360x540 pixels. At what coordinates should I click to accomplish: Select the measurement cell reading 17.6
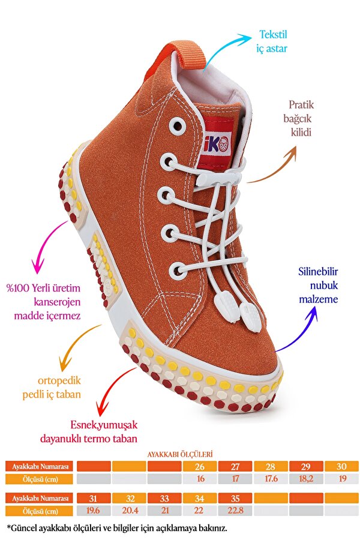click(x=271, y=479)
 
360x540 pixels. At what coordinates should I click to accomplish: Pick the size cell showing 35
click(x=235, y=499)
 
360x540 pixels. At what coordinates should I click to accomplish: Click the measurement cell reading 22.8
click(x=235, y=511)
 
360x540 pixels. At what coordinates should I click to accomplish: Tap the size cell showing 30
click(x=341, y=466)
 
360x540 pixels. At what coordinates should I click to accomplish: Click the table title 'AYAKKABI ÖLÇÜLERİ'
click(x=180, y=455)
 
